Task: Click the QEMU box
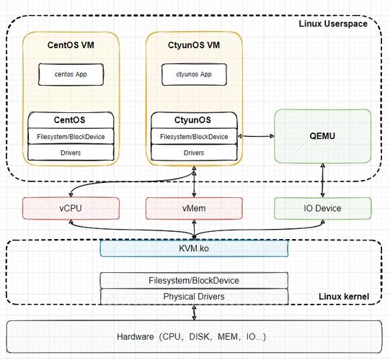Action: click(322, 136)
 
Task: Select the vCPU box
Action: click(71, 208)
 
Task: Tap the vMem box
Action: click(194, 208)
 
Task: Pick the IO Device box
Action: click(322, 208)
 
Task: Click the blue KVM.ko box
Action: click(194, 248)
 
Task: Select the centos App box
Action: click(71, 75)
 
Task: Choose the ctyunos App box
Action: click(194, 75)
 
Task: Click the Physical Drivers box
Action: click(194, 297)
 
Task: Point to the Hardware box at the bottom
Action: click(194, 337)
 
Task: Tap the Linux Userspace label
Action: click(333, 24)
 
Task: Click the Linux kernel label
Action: click(344, 297)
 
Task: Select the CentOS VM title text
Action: click(71, 45)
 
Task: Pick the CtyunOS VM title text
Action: click(194, 45)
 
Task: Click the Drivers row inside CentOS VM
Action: click(71, 153)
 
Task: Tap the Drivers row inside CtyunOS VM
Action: click(194, 153)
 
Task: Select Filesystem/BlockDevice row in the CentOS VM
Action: click(71, 136)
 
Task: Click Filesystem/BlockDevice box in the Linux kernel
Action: click(194, 281)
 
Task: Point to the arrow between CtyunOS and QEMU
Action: click(256, 136)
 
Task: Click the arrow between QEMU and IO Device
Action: click(322, 180)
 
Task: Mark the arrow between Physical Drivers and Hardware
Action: click(194, 312)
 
